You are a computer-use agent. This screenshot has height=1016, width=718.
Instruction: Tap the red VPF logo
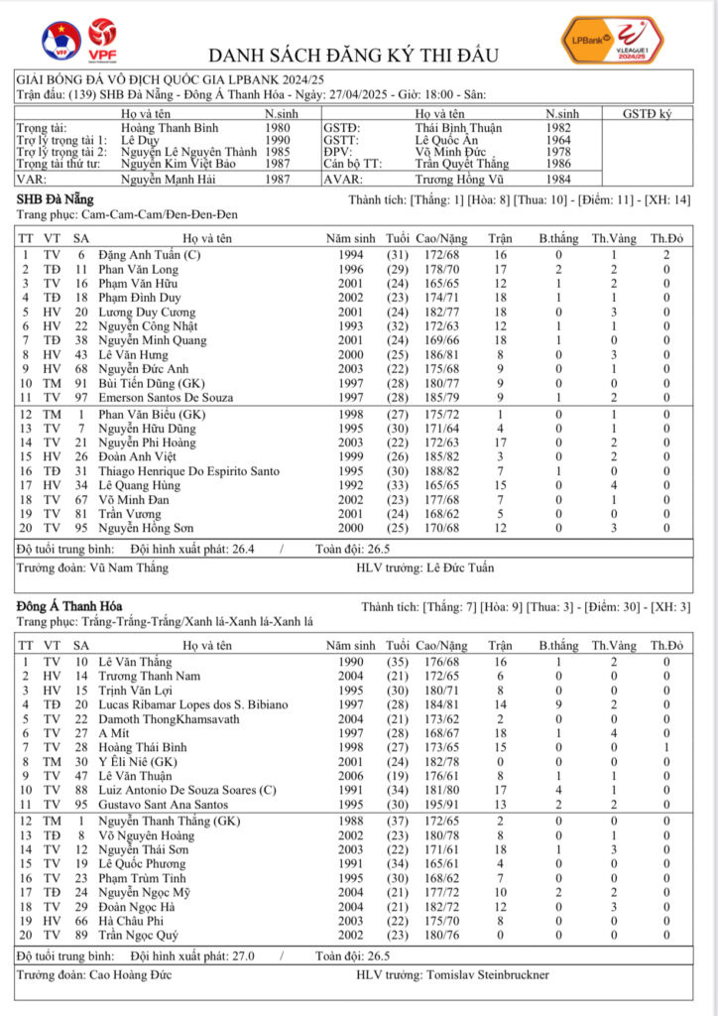coord(100,39)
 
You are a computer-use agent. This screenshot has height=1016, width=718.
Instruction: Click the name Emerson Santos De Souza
coord(166,397)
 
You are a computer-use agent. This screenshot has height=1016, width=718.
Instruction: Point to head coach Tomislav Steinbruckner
coord(488,975)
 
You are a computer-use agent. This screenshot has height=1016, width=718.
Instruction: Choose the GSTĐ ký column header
coord(650,114)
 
